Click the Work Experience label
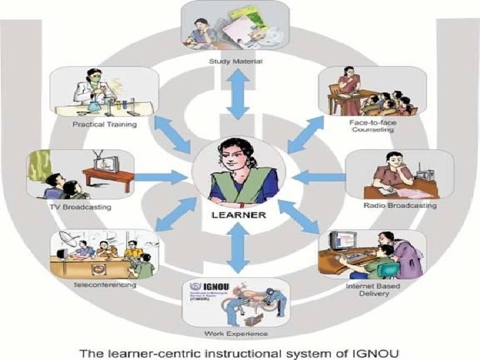pyautogui.click(x=237, y=333)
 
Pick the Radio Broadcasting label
pyautogui.click(x=400, y=206)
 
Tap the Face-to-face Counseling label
pyautogui.click(x=371, y=127)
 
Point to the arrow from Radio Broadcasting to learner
pyautogui.click(x=319, y=177)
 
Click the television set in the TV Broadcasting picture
pyautogui.click(x=105, y=162)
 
